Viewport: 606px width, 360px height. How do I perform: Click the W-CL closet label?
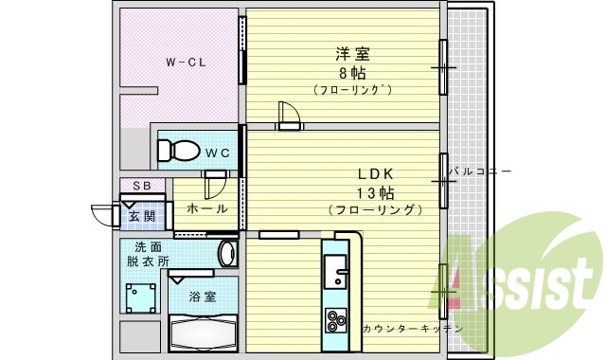[x=187, y=63]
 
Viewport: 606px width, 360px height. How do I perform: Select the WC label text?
[x=218, y=153]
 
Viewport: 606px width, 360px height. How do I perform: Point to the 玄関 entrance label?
[x=142, y=216]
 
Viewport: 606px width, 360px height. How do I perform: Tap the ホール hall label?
[x=206, y=208]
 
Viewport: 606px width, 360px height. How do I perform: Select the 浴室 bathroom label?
[x=202, y=296]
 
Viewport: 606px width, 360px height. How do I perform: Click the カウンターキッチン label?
[x=412, y=329]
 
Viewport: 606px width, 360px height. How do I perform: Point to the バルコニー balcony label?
[x=481, y=171]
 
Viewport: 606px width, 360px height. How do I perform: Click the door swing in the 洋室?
[x=289, y=114]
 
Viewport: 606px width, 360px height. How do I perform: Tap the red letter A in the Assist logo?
[x=461, y=275]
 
